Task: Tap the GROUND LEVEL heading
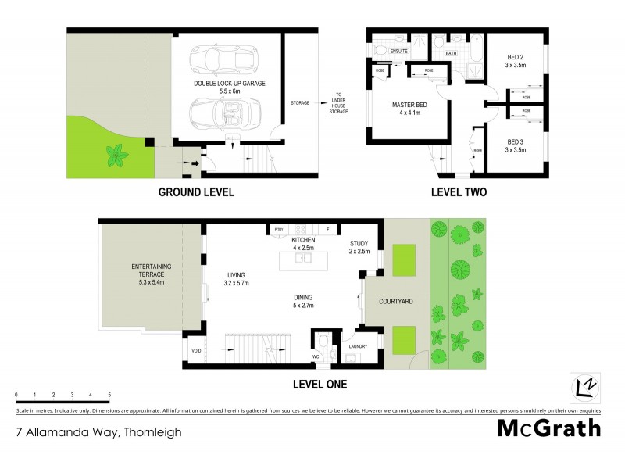(196, 192)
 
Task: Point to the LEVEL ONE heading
(320, 384)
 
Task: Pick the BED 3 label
(516, 144)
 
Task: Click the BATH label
(451, 54)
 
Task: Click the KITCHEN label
(303, 239)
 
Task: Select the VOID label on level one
(196, 351)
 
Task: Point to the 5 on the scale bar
(109, 395)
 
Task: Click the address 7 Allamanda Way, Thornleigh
(98, 430)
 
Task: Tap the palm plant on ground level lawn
(118, 154)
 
